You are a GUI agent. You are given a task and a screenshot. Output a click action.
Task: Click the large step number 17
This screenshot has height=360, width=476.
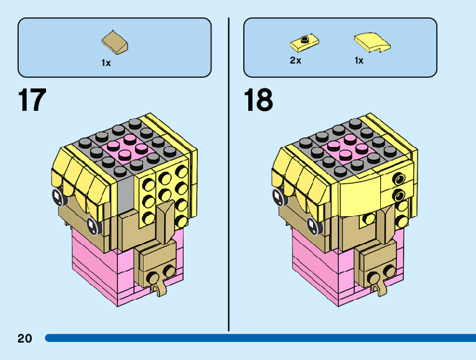click(x=32, y=100)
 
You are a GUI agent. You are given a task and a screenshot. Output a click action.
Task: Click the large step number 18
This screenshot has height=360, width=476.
click(x=258, y=100)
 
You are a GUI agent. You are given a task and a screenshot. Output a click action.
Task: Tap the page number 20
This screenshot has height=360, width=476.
click(x=25, y=339)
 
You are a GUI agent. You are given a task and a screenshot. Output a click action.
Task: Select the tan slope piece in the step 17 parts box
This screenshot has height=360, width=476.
click(x=116, y=42)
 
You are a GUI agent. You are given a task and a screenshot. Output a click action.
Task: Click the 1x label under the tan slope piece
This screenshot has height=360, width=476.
click(x=106, y=63)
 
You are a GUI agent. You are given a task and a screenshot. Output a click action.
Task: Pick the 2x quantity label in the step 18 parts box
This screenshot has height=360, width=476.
click(x=295, y=60)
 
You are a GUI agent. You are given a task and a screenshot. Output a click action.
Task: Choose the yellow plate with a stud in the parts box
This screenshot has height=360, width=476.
click(x=304, y=42)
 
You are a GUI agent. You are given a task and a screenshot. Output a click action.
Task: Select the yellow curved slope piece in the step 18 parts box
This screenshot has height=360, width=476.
click(x=372, y=42)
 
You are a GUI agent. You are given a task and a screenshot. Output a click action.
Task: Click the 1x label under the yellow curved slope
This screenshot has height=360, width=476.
click(x=359, y=60)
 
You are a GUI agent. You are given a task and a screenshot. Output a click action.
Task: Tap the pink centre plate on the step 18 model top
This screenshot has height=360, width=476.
click(x=347, y=149)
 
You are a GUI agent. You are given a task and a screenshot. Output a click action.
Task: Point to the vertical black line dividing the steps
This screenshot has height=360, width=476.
click(x=229, y=174)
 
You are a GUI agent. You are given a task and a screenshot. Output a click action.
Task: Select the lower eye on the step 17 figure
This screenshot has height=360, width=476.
click(x=93, y=225)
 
